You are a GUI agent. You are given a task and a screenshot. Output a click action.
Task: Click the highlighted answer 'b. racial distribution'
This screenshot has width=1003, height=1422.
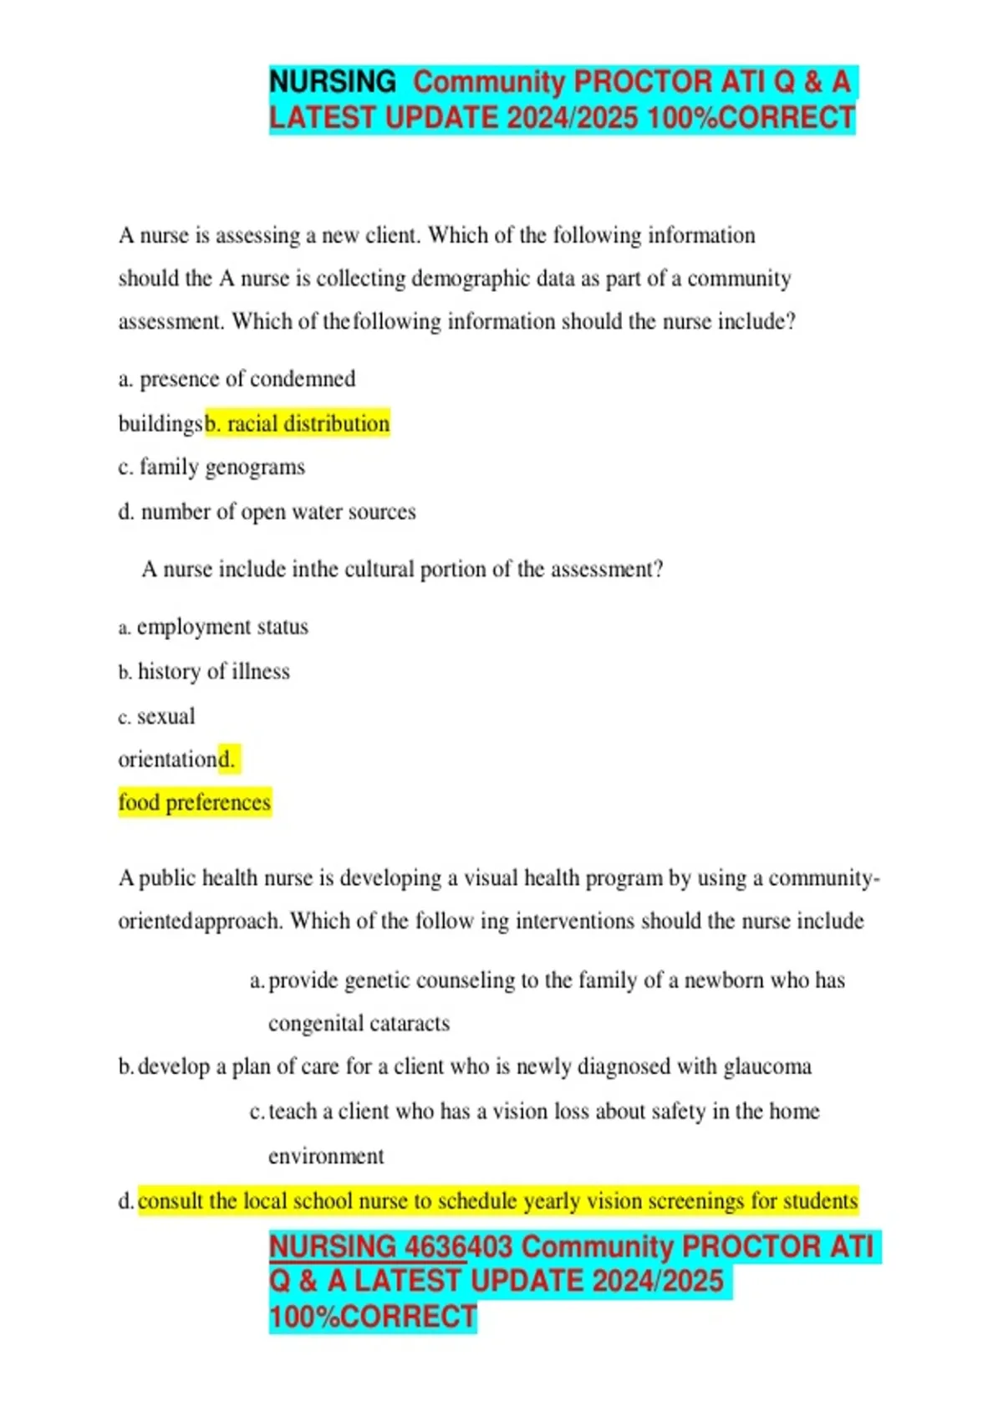click(298, 424)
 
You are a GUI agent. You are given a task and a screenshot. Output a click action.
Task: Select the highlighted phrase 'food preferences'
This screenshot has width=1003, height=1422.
click(195, 803)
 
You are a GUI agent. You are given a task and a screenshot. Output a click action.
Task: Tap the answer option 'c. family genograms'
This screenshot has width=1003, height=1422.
click(211, 467)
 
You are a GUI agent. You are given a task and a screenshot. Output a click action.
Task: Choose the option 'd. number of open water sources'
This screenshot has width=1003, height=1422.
click(267, 512)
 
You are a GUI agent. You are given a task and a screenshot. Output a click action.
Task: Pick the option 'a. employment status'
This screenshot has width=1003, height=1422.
click(214, 627)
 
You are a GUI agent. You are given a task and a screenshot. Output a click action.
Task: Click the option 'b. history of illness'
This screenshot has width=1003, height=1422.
click(205, 672)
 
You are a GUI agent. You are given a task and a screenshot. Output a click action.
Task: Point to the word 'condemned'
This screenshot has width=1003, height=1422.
click(306, 379)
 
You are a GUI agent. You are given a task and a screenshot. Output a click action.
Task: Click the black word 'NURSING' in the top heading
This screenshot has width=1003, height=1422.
click(333, 82)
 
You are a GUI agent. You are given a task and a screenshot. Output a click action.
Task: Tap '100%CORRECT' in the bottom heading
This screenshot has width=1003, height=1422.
click(373, 1317)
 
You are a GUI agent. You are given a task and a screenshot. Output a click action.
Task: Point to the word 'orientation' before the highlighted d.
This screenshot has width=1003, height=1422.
click(167, 760)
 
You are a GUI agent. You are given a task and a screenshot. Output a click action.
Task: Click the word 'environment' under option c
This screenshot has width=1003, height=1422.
click(326, 1156)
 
